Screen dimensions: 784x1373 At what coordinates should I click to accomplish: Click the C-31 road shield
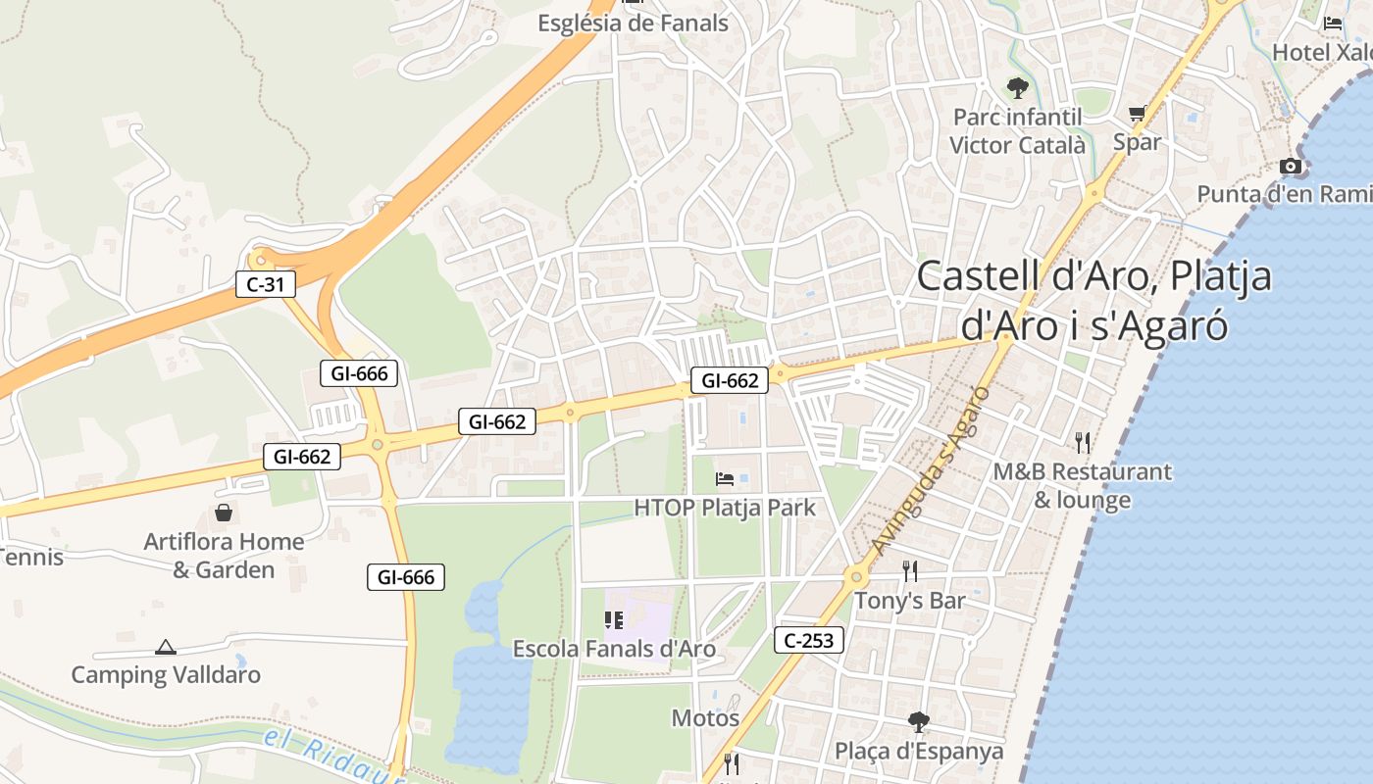click(x=266, y=285)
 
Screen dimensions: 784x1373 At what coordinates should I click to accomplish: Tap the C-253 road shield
click(x=809, y=641)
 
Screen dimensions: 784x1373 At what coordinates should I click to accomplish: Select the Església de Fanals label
click(x=633, y=23)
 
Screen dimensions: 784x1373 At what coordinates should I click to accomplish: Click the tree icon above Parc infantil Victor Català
click(x=1018, y=88)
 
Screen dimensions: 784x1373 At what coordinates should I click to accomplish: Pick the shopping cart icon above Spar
click(x=1137, y=114)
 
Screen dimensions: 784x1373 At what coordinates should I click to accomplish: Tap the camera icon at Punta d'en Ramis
click(x=1291, y=167)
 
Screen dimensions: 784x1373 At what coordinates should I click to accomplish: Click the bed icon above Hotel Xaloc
click(x=1332, y=24)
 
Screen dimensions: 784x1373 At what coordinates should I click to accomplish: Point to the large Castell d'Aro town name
click(x=1093, y=299)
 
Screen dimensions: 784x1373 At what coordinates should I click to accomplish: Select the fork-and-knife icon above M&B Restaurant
click(x=1082, y=443)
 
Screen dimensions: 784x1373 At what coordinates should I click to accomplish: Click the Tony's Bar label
click(x=910, y=600)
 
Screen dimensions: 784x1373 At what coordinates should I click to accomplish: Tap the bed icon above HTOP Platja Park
click(x=725, y=479)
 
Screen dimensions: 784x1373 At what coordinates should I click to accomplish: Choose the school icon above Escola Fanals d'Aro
click(x=614, y=619)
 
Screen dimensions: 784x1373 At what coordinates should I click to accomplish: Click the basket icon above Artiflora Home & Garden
click(x=224, y=513)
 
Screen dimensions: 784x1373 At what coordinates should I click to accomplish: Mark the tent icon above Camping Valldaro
click(x=166, y=647)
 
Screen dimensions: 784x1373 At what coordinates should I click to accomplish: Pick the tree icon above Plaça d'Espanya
click(x=919, y=722)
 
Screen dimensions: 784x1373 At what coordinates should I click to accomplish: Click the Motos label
click(x=705, y=718)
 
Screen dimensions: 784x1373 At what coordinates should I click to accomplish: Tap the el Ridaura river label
click(x=333, y=758)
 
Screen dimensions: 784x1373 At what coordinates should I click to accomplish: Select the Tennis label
click(x=31, y=558)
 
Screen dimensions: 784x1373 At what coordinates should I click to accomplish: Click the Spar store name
click(x=1137, y=142)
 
